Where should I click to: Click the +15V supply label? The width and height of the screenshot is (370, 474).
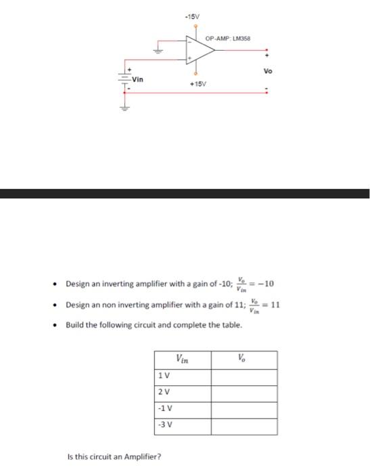click(x=197, y=84)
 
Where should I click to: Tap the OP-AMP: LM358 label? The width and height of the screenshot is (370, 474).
click(x=227, y=39)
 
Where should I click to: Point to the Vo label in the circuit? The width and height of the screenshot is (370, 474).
click(x=268, y=70)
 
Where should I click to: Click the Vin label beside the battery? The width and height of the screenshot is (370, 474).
click(x=138, y=79)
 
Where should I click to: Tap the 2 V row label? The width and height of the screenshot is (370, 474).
click(x=163, y=393)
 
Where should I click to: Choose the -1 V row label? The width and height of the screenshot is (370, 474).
click(x=164, y=410)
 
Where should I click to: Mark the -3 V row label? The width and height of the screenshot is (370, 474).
click(x=164, y=426)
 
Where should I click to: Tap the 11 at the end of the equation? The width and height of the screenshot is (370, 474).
click(x=275, y=305)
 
